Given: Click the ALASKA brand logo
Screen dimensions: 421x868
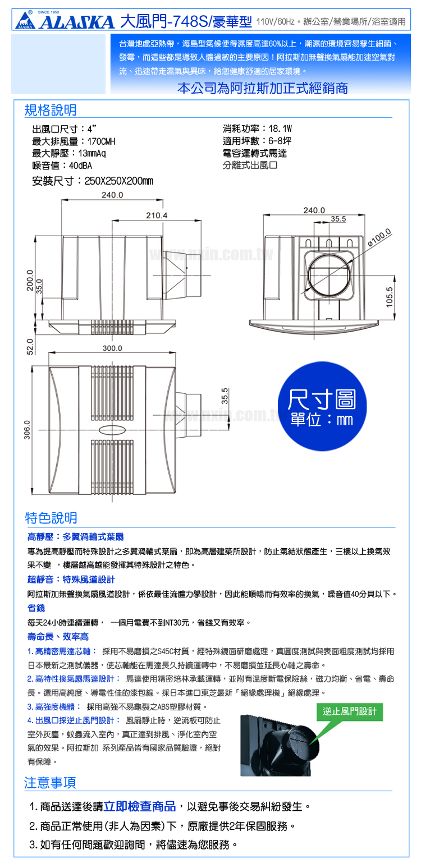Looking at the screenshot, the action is click(65, 20).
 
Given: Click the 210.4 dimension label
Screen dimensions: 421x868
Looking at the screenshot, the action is click(157, 215).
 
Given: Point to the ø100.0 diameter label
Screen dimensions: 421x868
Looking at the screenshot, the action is click(379, 238).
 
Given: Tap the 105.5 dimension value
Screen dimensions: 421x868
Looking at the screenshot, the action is click(390, 297).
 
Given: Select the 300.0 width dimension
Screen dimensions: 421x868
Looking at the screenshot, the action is click(112, 348).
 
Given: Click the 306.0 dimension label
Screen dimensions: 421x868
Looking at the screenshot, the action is click(27, 430).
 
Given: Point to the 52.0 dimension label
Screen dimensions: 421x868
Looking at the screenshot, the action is click(30, 346).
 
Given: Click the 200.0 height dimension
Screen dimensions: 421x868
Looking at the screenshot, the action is click(30, 280).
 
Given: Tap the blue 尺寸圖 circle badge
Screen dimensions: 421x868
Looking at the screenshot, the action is click(322, 406).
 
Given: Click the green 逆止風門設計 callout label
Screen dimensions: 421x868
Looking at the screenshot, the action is click(350, 711).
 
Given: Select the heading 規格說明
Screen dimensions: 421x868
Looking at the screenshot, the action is click(51, 110).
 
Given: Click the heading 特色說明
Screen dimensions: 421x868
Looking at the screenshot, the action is click(51, 518).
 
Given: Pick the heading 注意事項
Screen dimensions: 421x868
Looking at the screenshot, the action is click(50, 783).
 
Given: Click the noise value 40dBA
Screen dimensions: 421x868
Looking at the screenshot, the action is click(81, 166).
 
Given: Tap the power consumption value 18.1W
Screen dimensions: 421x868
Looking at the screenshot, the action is click(280, 128).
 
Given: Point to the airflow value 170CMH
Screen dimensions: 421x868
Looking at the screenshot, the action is click(101, 141).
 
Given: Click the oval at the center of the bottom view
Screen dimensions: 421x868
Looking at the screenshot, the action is click(112, 430).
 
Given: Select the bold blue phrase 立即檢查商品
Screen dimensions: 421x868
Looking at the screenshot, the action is click(140, 806).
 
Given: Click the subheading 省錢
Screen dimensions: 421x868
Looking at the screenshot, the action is click(36, 608).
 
